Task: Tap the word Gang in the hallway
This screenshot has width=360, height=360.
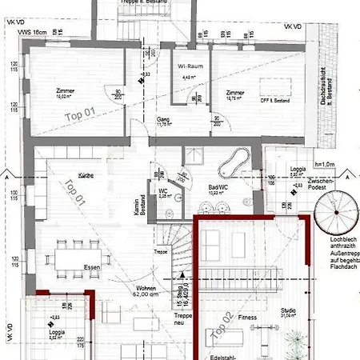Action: click(162, 118)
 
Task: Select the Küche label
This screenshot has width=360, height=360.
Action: click(88, 173)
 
